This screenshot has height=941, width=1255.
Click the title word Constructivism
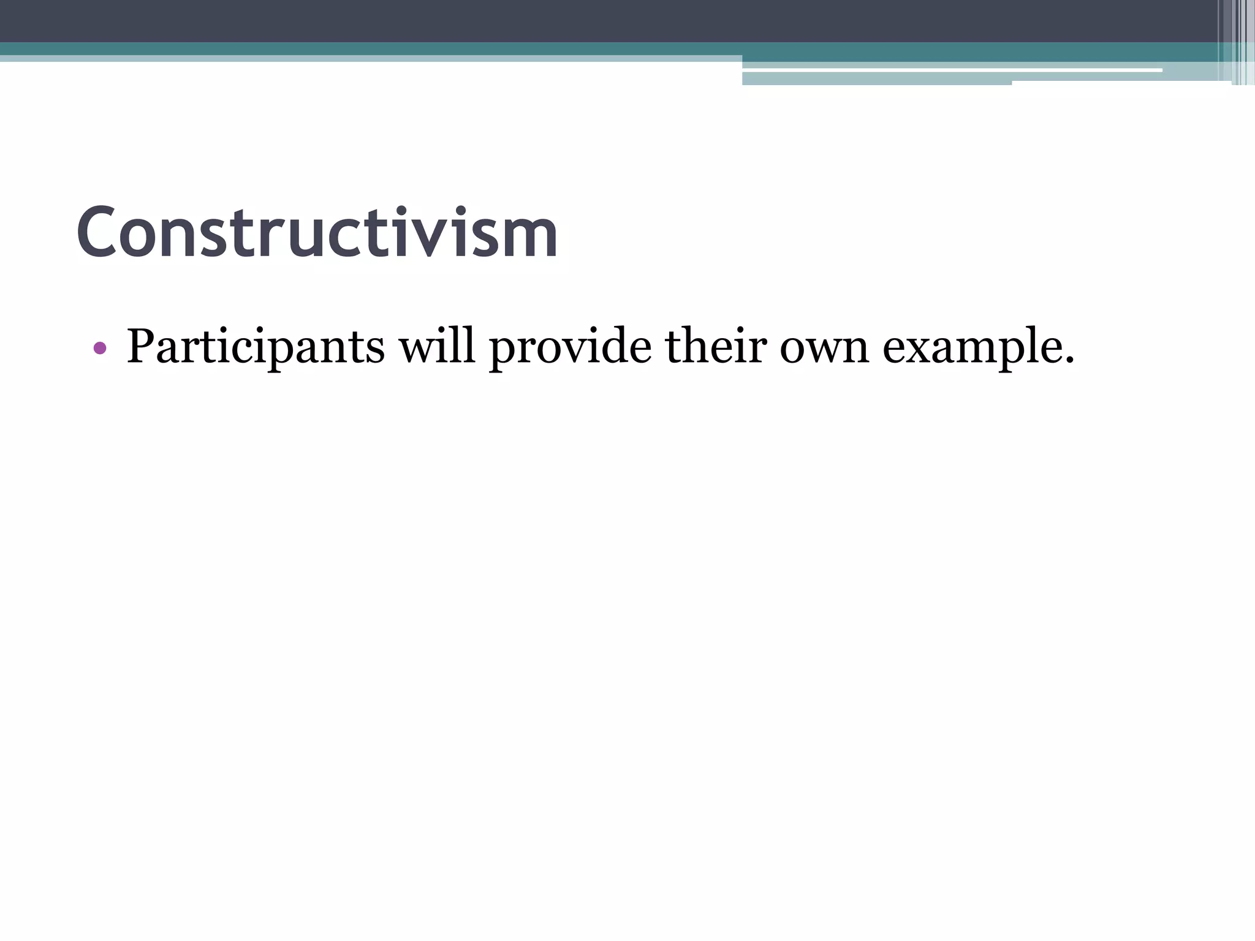tap(317, 233)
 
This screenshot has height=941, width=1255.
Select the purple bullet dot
tap(100, 349)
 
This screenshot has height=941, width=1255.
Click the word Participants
tap(256, 347)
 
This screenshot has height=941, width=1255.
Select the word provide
tap(571, 347)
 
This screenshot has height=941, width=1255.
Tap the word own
tap(824, 350)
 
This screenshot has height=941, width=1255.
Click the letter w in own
tap(824, 350)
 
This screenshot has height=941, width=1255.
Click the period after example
tap(1069, 361)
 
